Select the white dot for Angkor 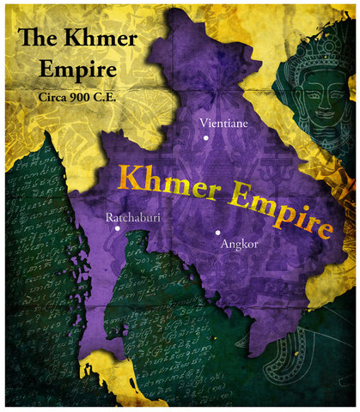218,232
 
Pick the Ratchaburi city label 133,219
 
